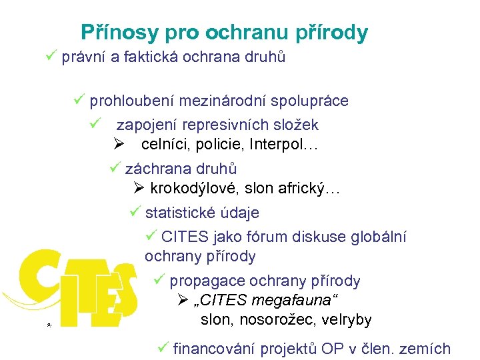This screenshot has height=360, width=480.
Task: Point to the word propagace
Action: pyautogui.click(x=202, y=281)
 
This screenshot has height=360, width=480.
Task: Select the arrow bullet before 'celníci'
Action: pyautogui.click(x=120, y=144)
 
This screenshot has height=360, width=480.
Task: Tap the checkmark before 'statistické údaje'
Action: pyautogui.click(x=135, y=213)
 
